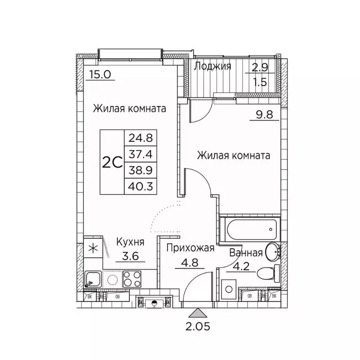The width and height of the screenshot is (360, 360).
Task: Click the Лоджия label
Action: (x=212, y=66)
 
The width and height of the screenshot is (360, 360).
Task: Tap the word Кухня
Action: (x=130, y=242)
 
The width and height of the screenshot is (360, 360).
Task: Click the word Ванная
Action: (x=245, y=253)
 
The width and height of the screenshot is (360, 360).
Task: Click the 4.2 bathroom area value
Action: (x=235, y=269)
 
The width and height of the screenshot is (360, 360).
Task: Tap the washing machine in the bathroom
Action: (x=229, y=287)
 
